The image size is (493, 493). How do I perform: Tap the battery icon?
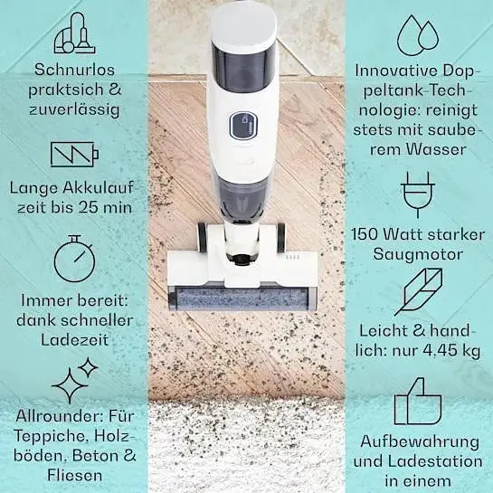click(74, 155)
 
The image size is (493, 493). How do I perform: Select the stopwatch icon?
click(74, 258)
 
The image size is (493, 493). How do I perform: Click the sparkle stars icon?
click(75, 380)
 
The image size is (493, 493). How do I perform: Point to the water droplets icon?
click(418, 35)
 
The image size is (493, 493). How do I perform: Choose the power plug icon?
click(418, 194)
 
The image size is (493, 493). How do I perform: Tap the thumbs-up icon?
click(418, 402)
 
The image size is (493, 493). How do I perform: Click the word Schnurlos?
click(74, 70)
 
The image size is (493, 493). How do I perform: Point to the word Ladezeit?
click(75, 340)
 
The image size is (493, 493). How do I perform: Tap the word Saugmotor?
click(418, 254)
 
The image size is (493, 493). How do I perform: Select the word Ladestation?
click(435, 461)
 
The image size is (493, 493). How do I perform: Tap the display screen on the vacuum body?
click(243, 126)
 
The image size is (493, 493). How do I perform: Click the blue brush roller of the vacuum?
click(242, 299)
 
